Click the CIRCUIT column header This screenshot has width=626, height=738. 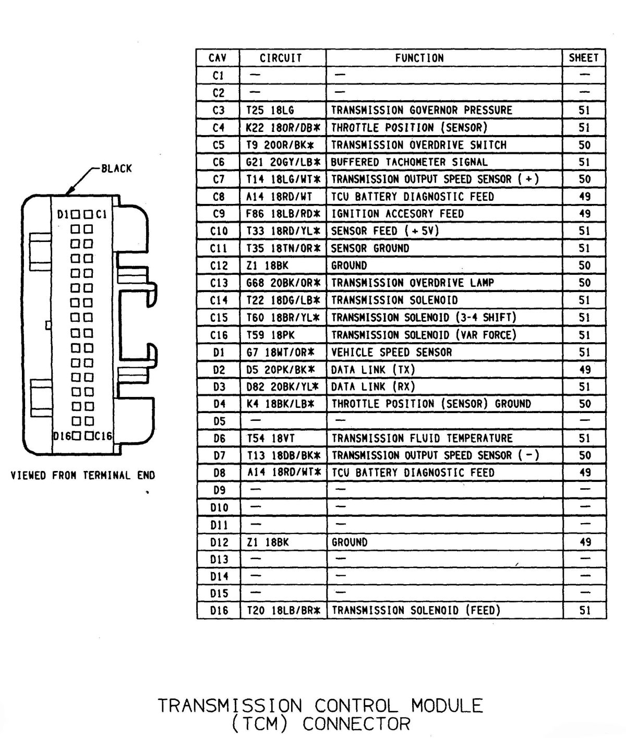click(x=281, y=58)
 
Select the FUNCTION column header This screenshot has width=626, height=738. click(x=419, y=58)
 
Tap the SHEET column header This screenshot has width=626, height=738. click(x=584, y=58)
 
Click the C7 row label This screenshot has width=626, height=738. click(x=219, y=179)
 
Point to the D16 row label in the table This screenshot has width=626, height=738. click(x=219, y=610)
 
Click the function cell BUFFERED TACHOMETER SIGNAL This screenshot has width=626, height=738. click(x=409, y=162)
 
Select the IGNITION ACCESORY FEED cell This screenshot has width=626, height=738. click(x=398, y=214)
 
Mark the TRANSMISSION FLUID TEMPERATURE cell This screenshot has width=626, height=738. click(x=422, y=438)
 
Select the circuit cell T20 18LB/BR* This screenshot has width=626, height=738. click(x=283, y=610)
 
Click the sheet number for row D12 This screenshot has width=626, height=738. click(x=585, y=542)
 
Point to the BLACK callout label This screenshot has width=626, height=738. click(x=116, y=168)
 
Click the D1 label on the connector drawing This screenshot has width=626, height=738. click(x=64, y=214)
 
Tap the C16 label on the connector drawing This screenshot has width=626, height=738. click(x=103, y=436)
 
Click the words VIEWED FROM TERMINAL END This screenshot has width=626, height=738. click(x=83, y=475)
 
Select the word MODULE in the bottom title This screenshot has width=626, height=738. click(x=447, y=706)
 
